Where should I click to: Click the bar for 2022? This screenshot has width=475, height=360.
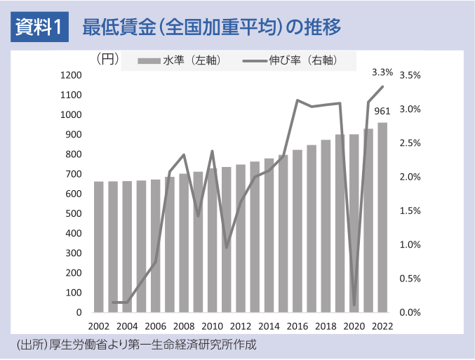click(382, 218)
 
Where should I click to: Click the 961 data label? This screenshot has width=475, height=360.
click(382, 111)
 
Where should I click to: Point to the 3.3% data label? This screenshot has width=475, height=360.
click(382, 72)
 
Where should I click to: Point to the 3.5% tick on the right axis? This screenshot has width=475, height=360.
click(410, 75)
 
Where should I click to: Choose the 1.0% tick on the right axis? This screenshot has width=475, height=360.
click(410, 244)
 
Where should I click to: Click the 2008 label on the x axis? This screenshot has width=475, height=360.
click(184, 326)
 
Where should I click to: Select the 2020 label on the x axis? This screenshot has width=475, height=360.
click(354, 326)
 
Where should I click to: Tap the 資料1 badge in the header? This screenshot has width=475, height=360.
click(39, 28)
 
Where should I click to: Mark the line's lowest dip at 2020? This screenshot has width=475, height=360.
click(354, 305)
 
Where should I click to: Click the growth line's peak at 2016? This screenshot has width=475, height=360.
click(297, 100)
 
